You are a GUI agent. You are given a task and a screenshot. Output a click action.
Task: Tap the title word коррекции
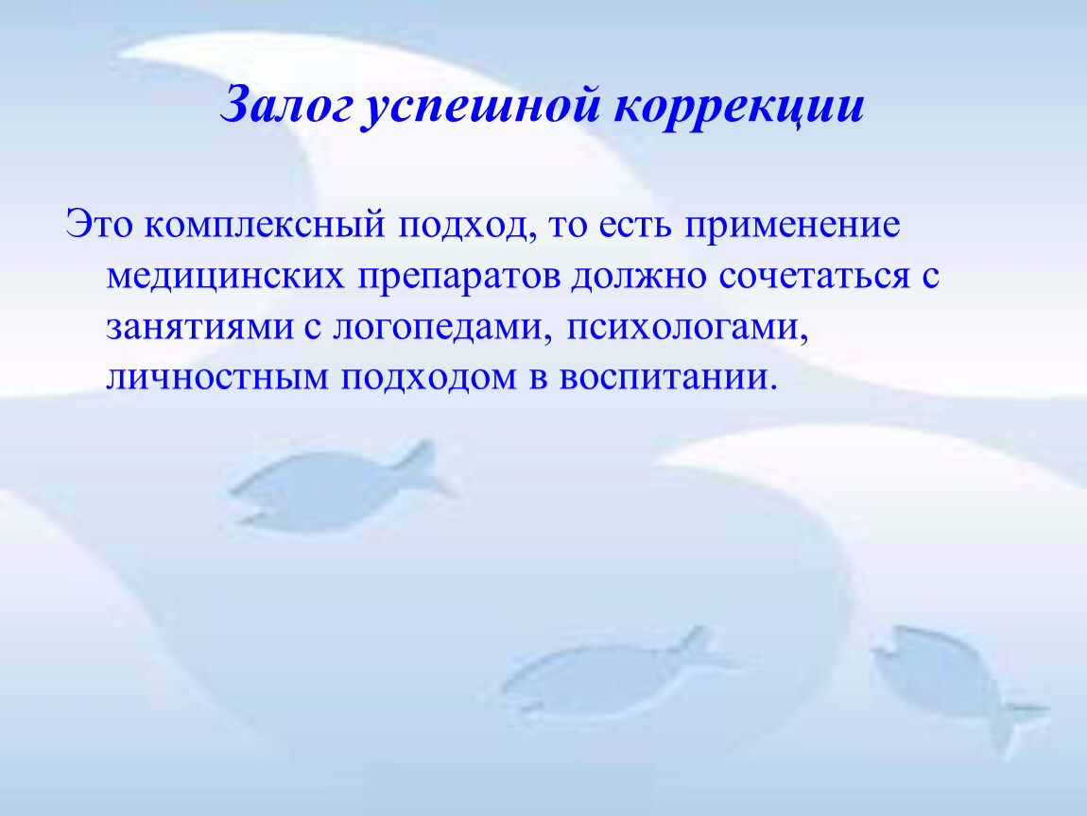[739, 108]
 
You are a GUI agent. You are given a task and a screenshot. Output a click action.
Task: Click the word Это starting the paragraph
[98, 225]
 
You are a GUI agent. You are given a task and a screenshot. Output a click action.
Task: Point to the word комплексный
[264, 225]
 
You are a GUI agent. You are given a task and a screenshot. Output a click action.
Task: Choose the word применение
[792, 226]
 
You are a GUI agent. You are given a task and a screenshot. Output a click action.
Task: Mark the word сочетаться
[814, 276]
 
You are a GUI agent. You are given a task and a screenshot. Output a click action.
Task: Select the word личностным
[217, 378]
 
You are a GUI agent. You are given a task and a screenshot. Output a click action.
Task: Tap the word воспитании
[668, 378]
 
